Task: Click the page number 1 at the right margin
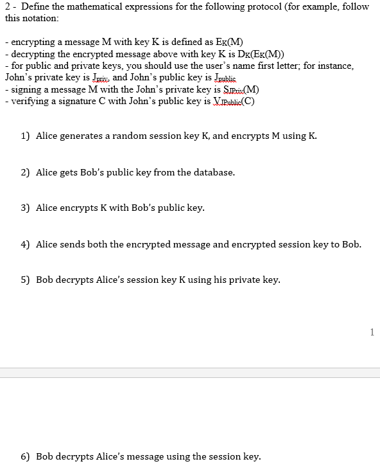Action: [x=372, y=332]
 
